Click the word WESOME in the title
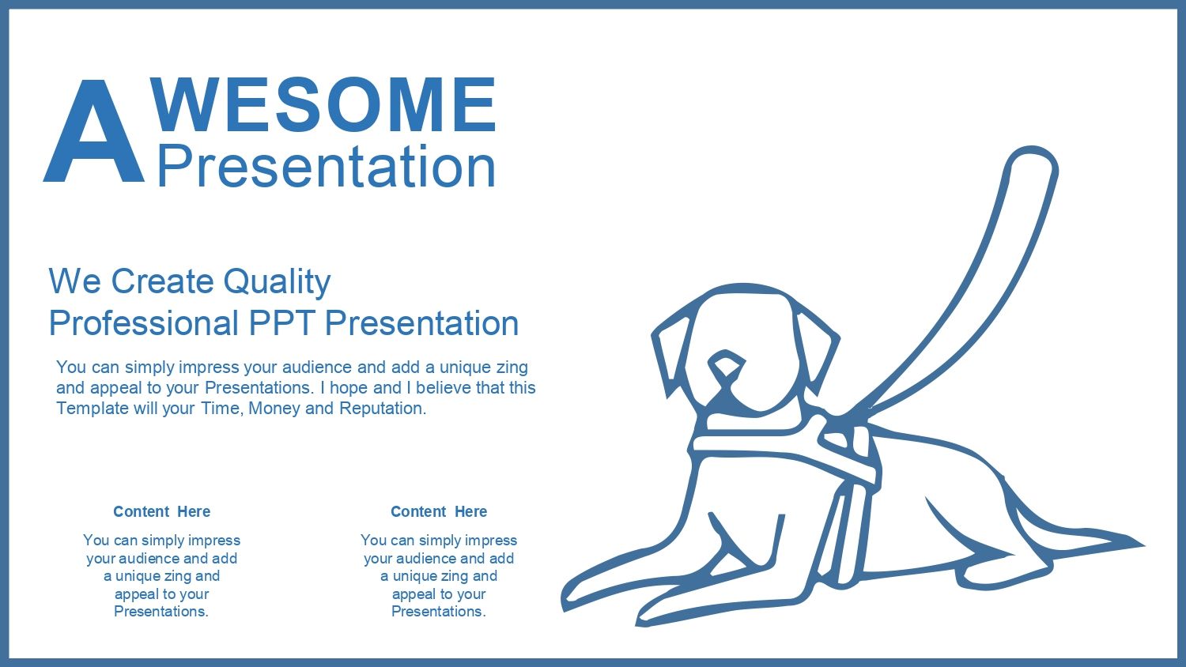tap(323, 105)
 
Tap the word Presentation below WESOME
tap(327, 166)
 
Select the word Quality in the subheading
tap(277, 281)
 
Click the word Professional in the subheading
tap(143, 323)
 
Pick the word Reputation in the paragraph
tap(382, 409)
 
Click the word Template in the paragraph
tap(93, 409)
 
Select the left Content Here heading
tap(161, 511)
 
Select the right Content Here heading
tap(439, 511)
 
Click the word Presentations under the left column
tap(161, 612)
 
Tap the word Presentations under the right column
tap(439, 612)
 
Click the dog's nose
tap(727, 365)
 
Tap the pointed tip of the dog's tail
tap(1143, 545)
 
